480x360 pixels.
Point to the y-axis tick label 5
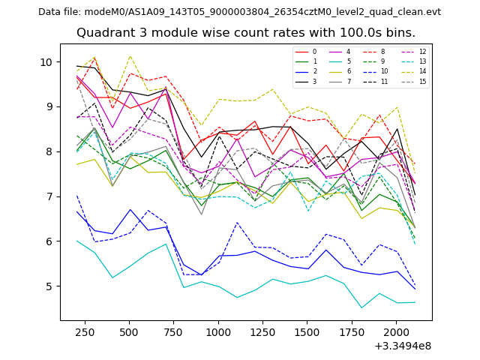click(49, 286)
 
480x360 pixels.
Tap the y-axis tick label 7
click(49, 196)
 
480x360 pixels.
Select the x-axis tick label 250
click(84, 331)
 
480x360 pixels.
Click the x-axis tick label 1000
click(218, 331)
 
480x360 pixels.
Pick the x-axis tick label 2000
click(396, 331)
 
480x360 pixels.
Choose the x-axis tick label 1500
click(307, 331)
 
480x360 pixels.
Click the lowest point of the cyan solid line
click(361, 307)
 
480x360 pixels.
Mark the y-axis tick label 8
click(49, 151)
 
